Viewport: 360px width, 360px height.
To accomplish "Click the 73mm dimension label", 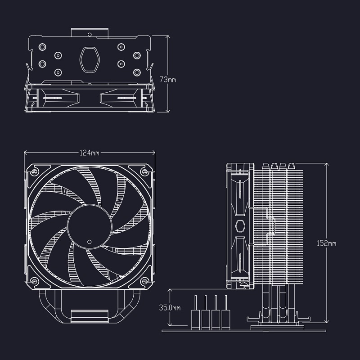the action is coord(168,80).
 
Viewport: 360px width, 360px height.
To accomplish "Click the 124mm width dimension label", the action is coord(89,153).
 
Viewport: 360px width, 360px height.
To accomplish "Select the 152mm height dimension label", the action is coord(326,243).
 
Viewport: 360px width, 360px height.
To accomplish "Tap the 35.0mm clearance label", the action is coord(170,307).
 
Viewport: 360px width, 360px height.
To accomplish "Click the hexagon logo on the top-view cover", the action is coord(90,59).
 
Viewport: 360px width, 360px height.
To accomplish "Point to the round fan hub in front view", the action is coord(90,227).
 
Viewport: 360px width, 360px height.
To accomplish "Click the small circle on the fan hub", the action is coord(89,242).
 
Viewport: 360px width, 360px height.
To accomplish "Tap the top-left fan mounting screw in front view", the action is coord(34,171).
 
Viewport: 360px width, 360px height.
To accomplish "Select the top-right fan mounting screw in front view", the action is coord(145,171).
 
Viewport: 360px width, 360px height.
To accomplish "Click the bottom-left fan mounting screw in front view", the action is coord(34,281).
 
